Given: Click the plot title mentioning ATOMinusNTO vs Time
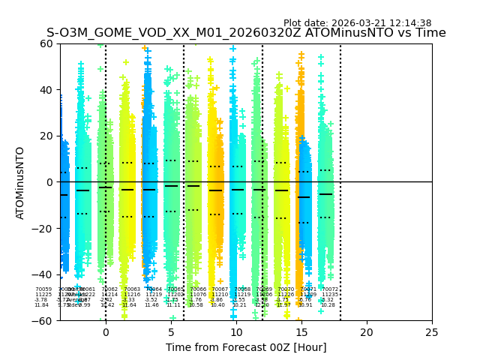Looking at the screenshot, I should [246, 33].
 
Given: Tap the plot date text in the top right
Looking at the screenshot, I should [357, 23].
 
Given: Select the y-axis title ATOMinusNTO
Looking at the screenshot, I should [20, 182].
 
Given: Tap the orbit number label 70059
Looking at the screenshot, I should [43, 289].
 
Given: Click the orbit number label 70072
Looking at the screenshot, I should [330, 289].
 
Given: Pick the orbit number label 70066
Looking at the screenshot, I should [198, 289].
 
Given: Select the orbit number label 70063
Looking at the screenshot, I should [132, 289].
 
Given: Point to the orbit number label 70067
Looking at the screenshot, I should [220, 289].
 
